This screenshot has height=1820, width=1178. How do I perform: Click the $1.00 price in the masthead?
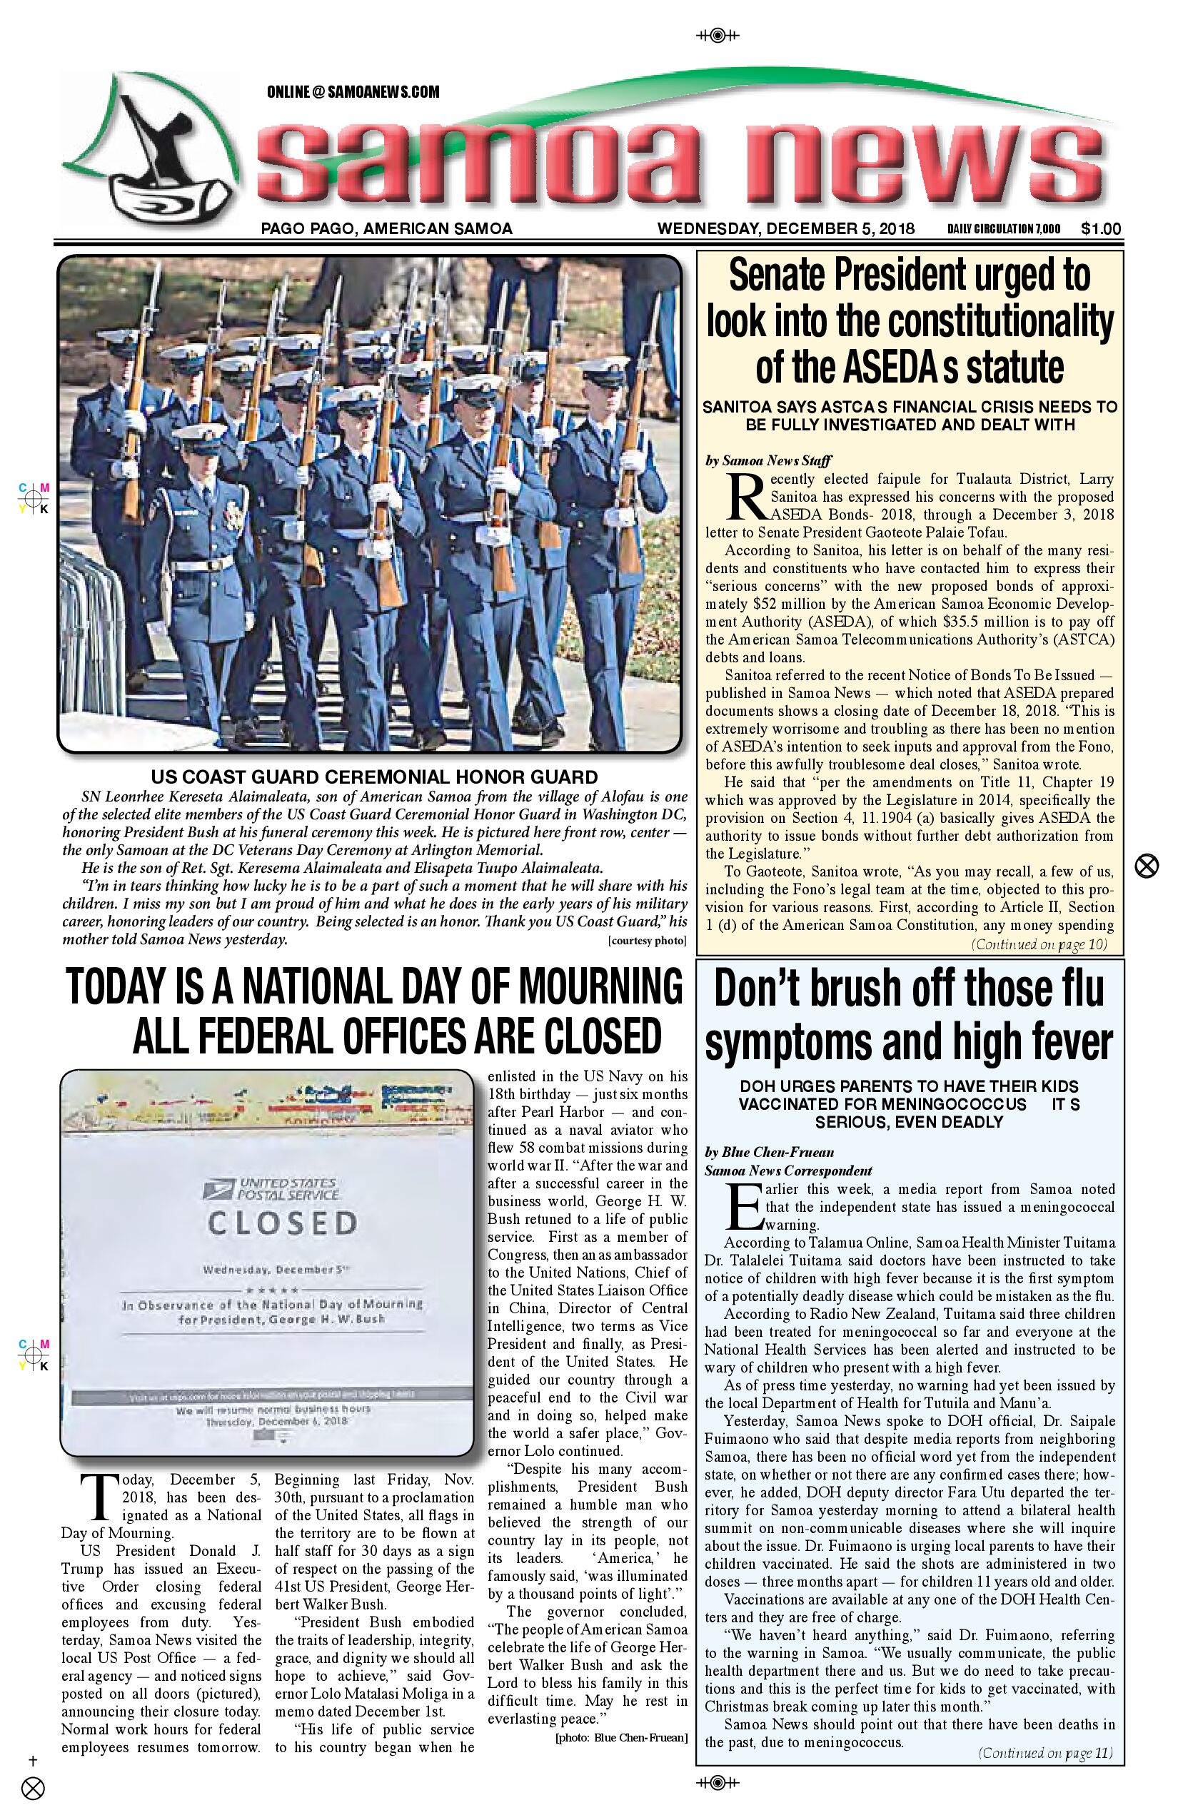(1101, 228)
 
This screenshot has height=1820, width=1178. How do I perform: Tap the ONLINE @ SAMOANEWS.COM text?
(353, 93)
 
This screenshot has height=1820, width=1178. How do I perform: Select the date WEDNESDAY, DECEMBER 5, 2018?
(785, 228)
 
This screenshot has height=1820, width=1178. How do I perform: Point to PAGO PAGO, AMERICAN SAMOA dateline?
(386, 228)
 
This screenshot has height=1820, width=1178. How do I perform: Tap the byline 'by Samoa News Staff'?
(768, 460)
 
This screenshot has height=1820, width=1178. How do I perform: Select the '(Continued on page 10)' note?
(1039, 944)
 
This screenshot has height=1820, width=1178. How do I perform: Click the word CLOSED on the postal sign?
(282, 1223)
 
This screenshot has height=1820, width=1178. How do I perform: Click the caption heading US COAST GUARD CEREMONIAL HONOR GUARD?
(374, 777)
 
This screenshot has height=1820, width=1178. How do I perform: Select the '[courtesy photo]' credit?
(647, 941)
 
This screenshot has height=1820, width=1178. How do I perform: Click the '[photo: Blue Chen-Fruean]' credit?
(620, 1738)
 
